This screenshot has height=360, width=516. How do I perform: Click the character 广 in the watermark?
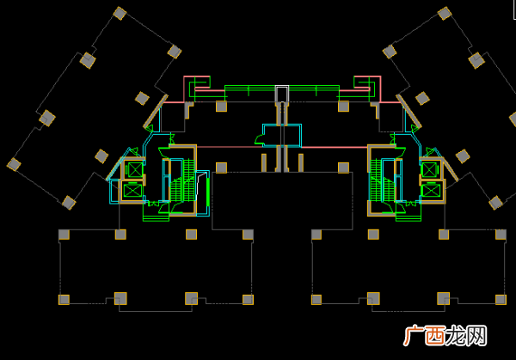pyautogui.click(x=414, y=336)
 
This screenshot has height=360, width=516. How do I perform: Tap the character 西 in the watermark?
pyautogui.click(x=435, y=336)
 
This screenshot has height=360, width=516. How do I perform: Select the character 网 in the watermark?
pyautogui.click(x=476, y=336)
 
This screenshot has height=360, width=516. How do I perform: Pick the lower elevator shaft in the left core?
pyautogui.click(x=132, y=191)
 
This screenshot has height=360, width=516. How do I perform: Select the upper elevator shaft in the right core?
pyautogui.click(x=429, y=170)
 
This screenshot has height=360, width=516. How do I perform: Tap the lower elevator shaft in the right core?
pyautogui.click(x=431, y=191)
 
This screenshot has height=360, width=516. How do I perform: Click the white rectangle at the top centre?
pyautogui.click(x=282, y=94)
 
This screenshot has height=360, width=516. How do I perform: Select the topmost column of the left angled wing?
pyautogui.click(x=120, y=14)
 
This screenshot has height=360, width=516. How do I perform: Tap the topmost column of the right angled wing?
pyautogui.click(x=445, y=14)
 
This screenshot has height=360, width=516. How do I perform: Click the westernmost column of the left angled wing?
pyautogui.click(x=14, y=164)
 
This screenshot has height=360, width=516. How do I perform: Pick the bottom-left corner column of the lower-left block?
pyautogui.click(x=64, y=300)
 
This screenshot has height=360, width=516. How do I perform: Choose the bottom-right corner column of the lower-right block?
pyautogui.click(x=501, y=300)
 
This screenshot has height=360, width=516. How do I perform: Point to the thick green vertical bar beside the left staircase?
pyautogui.click(x=208, y=192)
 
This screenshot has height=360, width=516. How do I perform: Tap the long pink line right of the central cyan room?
pyautogui.click(x=334, y=147)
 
